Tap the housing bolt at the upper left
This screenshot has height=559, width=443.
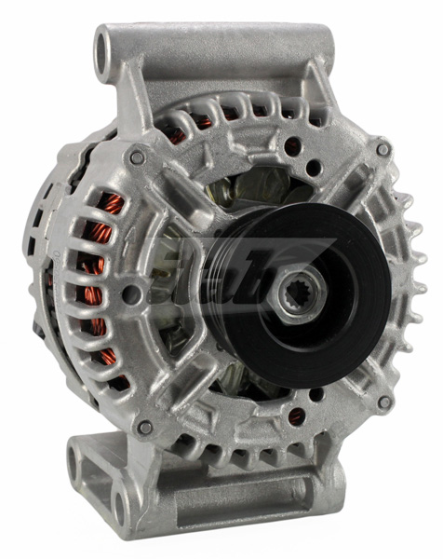[x=138, y=157]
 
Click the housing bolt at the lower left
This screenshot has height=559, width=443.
[x=144, y=428]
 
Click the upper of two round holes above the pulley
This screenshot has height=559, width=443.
[x=292, y=146]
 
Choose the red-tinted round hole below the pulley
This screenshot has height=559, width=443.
[x=296, y=416]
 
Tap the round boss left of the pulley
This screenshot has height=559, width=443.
[x=133, y=294]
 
